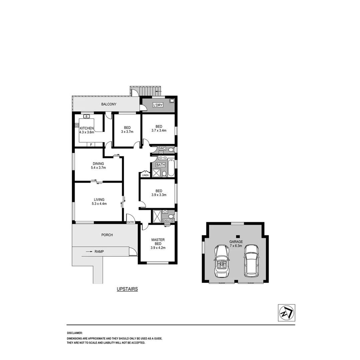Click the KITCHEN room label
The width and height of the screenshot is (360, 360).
pyautogui.click(x=87, y=128)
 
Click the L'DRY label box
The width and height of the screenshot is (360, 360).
pyautogui.click(x=157, y=105)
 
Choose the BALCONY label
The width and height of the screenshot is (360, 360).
pyautogui.click(x=109, y=104)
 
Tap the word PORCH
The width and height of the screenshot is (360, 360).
pyautogui.click(x=107, y=235)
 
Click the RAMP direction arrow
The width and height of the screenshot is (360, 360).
pyautogui.click(x=89, y=252)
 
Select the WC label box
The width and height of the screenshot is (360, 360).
pyautogui.click(x=162, y=148)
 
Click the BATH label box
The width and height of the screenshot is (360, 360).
pyautogui.click(x=161, y=165)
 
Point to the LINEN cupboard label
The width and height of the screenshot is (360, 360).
pyautogui.click(x=145, y=175)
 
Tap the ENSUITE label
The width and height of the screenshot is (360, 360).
pyautogui.click(x=167, y=220)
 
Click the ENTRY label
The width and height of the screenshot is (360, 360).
pyautogui.click(x=131, y=222)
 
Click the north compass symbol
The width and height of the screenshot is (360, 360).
pyautogui.click(x=286, y=313)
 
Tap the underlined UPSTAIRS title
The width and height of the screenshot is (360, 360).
pyautogui.click(x=127, y=289)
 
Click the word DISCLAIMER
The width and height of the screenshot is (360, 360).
pyautogui.click(x=75, y=333)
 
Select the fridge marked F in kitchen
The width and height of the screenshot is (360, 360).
pyautogui.click(x=91, y=145)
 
